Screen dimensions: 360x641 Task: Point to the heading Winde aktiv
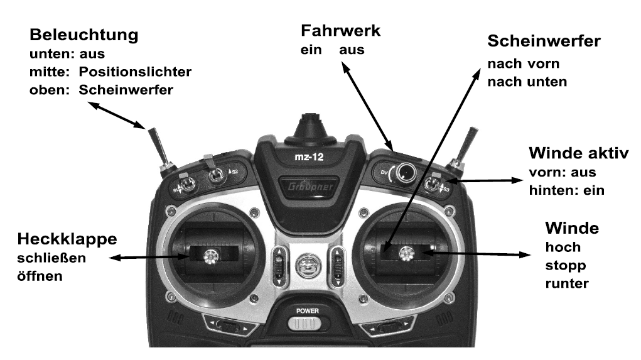click(x=578, y=154)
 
